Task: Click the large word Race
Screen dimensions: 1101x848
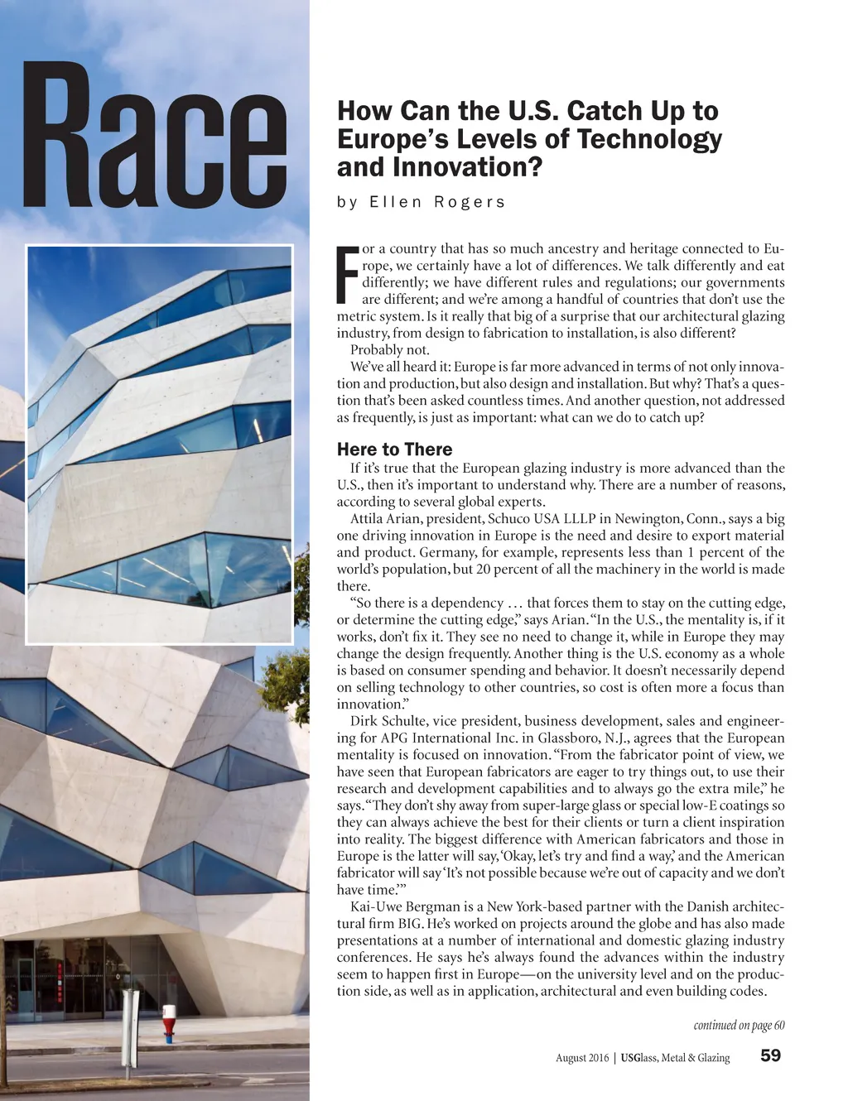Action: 156,137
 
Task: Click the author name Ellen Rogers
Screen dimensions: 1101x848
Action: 421,202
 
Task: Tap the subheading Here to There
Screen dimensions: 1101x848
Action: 394,450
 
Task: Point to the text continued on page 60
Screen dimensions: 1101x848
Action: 739,1026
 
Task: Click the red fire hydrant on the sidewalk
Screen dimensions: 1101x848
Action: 170,1023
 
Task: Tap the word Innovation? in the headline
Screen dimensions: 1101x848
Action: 468,166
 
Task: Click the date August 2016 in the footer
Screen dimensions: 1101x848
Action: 581,1057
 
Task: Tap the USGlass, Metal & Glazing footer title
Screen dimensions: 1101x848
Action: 676,1057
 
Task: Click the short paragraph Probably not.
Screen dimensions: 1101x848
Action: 390,350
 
